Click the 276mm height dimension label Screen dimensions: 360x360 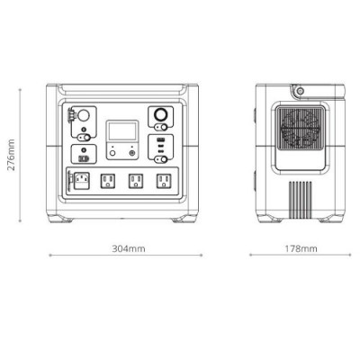tap(12, 153)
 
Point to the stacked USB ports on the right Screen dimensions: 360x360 tap(159, 145)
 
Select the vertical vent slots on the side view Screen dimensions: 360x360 tap(301, 195)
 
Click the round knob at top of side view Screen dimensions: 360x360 tap(298, 91)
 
